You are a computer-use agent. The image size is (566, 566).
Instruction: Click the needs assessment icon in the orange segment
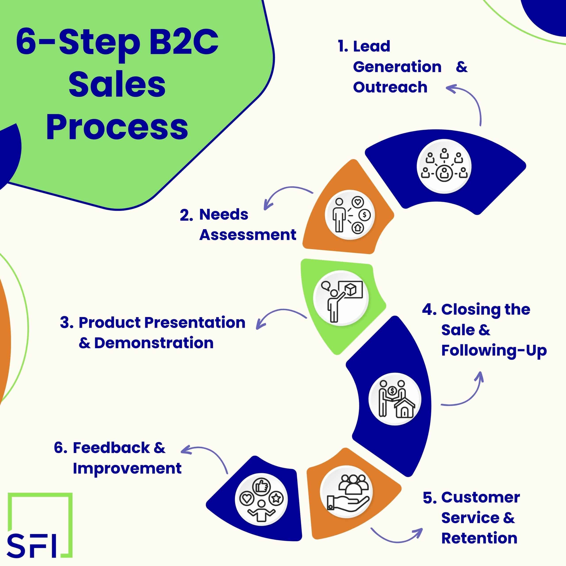point(350,215)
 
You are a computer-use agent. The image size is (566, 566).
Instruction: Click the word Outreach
point(390,87)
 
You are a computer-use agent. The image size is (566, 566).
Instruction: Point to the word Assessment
point(248,235)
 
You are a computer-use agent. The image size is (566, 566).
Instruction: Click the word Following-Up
point(494,350)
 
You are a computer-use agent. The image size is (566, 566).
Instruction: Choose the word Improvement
point(127,468)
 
